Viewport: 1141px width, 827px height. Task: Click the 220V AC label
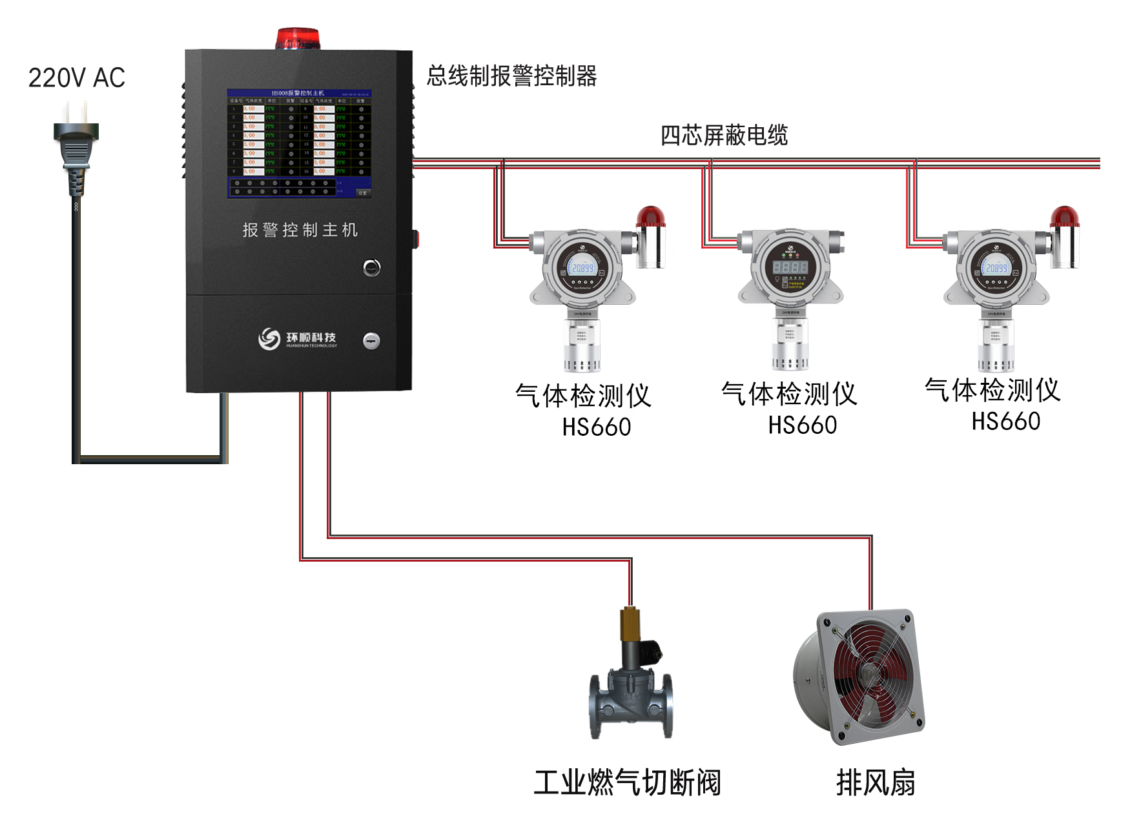coord(76,78)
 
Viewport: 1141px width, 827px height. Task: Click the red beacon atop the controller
coord(298,39)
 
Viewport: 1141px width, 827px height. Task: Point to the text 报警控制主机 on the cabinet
coord(300,230)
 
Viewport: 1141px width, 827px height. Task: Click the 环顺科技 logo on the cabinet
coord(298,338)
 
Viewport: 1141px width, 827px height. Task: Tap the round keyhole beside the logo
coord(371,340)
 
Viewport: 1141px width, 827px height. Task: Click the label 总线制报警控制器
coord(511,76)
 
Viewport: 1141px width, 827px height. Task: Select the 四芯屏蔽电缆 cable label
coord(724,136)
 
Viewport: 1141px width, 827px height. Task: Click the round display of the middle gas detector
coord(790,266)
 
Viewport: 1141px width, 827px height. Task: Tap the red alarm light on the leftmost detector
coord(651,217)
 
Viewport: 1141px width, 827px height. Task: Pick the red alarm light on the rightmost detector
coord(1064,217)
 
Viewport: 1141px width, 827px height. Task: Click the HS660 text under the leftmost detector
coord(596,427)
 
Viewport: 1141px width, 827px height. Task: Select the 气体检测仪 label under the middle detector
coord(789,394)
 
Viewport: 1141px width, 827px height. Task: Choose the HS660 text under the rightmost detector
coord(1005,422)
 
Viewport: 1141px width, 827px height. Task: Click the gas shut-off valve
coord(630,684)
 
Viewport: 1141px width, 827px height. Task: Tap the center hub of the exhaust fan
coord(867,676)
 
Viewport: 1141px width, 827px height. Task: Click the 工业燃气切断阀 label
coord(627,782)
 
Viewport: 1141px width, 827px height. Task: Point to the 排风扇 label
coord(876,782)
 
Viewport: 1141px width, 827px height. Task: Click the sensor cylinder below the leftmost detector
coord(582,345)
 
